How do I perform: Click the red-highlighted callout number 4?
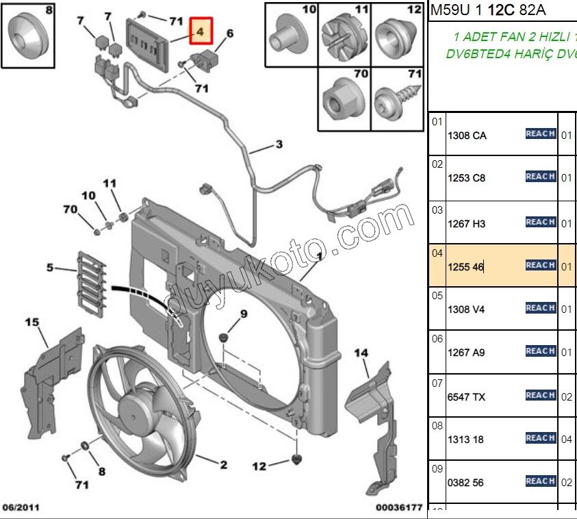(x=201, y=31)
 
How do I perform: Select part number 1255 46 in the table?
(x=465, y=267)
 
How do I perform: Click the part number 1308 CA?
(x=466, y=136)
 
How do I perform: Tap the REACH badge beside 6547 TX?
(x=540, y=395)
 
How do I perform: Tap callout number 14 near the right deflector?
(x=361, y=353)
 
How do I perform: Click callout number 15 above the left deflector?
(x=32, y=322)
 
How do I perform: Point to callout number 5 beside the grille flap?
(x=49, y=268)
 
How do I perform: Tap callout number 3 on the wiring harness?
(x=279, y=144)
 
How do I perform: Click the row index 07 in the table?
(x=437, y=383)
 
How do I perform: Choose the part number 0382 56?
(x=465, y=483)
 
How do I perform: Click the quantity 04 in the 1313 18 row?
(x=566, y=440)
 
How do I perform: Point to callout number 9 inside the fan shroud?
(x=242, y=314)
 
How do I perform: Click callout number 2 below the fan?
(x=223, y=465)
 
